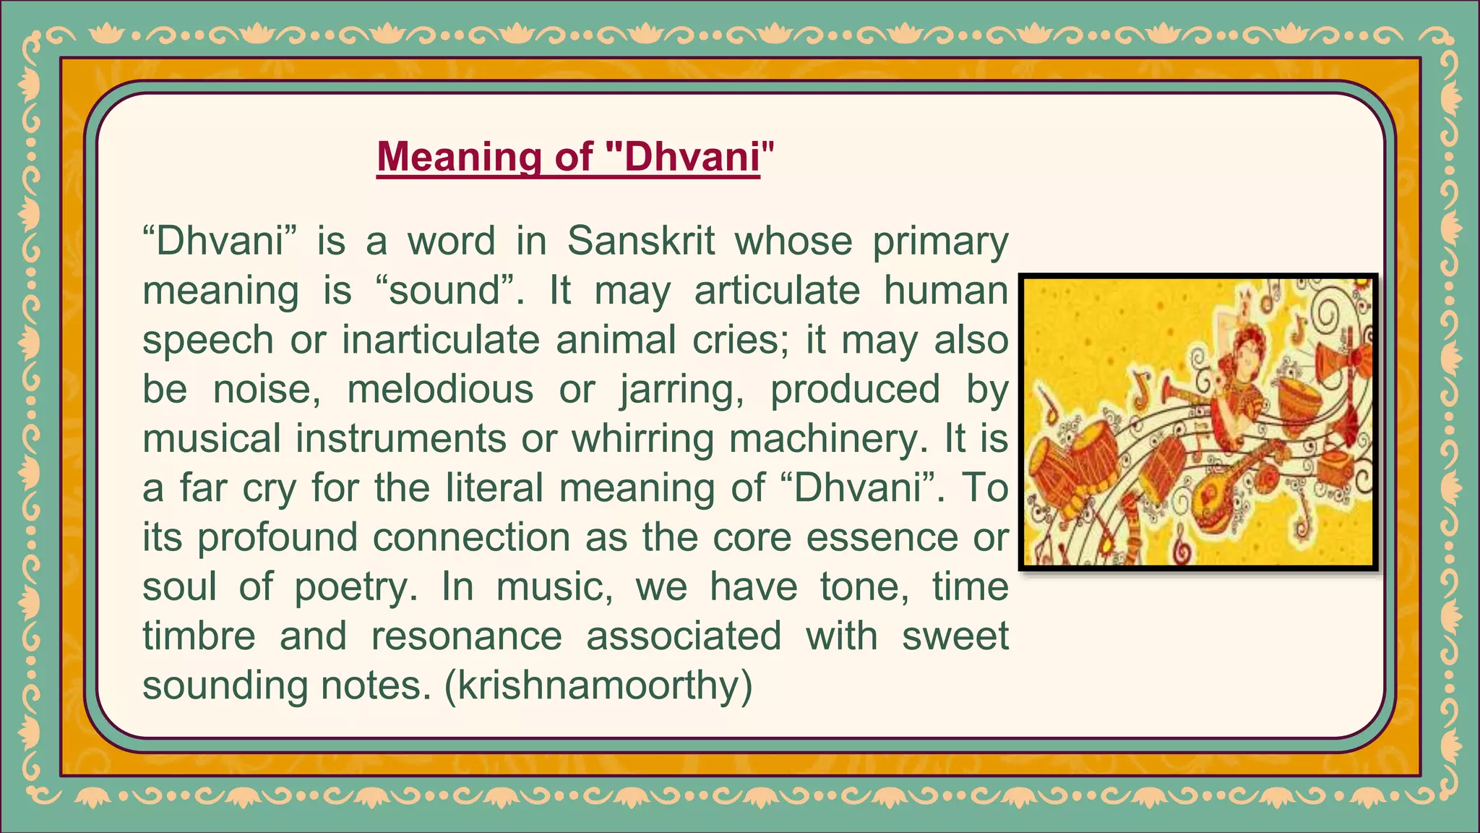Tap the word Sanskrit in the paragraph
[x=640, y=241]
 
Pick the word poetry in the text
[x=356, y=586]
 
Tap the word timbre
[x=199, y=636]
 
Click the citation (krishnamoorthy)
[x=598, y=685]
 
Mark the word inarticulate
[x=440, y=340]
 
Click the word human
[x=946, y=291]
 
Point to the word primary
[x=940, y=241]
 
